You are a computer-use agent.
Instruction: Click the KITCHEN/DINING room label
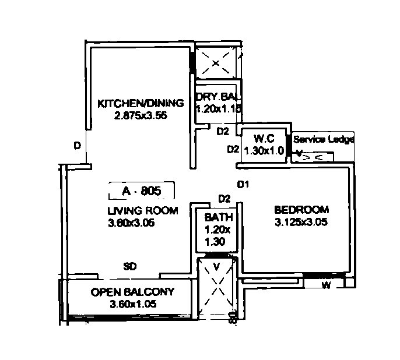140,103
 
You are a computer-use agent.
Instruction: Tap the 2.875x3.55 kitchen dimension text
141,115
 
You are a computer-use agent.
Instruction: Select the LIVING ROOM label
142,210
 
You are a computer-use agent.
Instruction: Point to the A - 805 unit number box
142,190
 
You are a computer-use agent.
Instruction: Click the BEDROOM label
301,209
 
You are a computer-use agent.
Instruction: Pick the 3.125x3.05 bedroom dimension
301,222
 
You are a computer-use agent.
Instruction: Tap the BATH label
219,217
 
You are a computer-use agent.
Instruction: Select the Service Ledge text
324,140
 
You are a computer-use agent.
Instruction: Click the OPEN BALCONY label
132,292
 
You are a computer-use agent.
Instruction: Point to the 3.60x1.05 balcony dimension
132,304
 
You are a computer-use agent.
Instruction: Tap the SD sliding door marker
130,267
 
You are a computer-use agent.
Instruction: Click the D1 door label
243,185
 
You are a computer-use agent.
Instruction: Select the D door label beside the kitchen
77,146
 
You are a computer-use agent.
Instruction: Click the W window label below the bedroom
326,285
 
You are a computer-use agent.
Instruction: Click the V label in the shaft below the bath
216,267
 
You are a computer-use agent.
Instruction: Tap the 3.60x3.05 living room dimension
131,223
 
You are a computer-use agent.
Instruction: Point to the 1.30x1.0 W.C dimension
264,150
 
